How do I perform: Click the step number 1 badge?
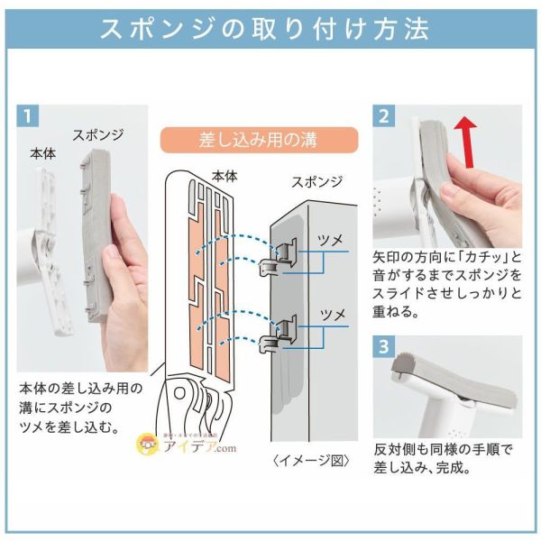click(x=29, y=116)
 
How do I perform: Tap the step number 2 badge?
click(x=385, y=116)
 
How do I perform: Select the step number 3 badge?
click(x=385, y=347)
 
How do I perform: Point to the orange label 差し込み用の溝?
click(x=260, y=141)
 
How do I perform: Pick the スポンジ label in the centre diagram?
click(x=316, y=181)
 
